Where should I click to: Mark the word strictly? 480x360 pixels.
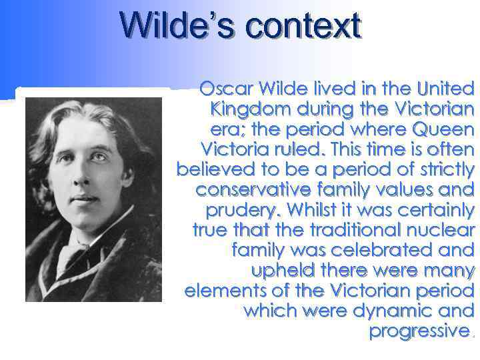441,169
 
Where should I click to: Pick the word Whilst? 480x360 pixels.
312,211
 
